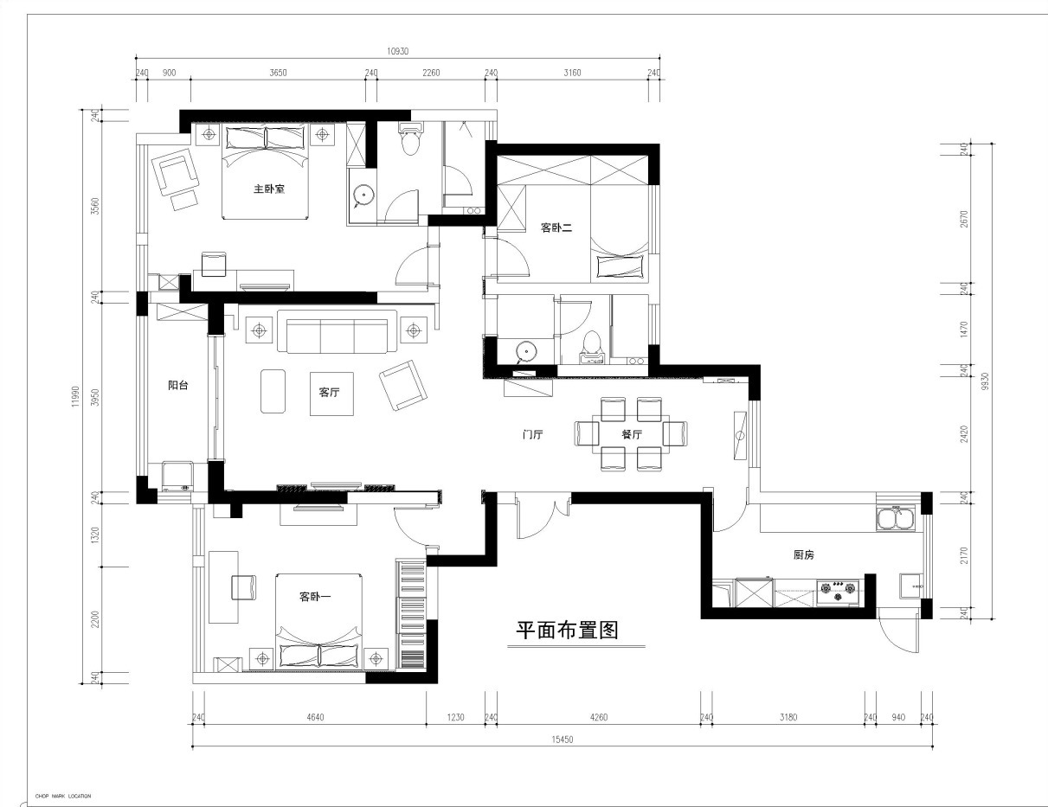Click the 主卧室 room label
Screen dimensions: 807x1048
click(x=269, y=189)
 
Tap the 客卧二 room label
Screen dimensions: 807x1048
click(x=557, y=228)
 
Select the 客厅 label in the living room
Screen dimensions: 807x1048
click(x=329, y=392)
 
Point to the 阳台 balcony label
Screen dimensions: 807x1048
click(x=178, y=386)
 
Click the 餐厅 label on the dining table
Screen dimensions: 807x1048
click(x=631, y=435)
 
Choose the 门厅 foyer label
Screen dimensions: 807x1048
click(x=531, y=435)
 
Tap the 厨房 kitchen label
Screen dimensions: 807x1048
click(x=804, y=555)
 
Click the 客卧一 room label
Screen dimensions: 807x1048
click(x=316, y=597)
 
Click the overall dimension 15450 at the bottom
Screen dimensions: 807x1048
click(x=563, y=740)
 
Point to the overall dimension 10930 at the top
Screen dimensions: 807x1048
click(x=398, y=52)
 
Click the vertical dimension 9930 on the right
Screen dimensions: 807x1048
click(x=983, y=381)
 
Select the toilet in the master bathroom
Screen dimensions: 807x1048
click(x=409, y=138)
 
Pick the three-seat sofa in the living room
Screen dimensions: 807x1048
click(x=337, y=332)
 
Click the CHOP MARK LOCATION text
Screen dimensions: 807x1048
click(x=63, y=796)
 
